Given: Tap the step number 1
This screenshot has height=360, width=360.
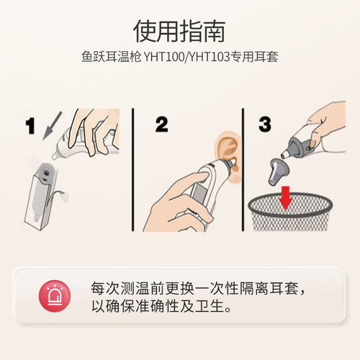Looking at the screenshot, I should tap(30, 127).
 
